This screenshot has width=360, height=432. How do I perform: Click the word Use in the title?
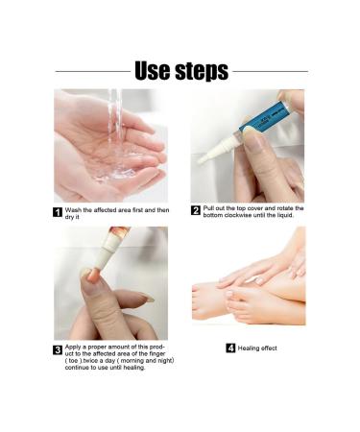pyautogui.click(x=154, y=70)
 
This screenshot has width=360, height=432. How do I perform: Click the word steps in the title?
pyautogui.click(x=201, y=72)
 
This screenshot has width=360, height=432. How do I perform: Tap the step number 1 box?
pyautogui.click(x=58, y=212)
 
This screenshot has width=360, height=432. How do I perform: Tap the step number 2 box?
pyautogui.click(x=196, y=210)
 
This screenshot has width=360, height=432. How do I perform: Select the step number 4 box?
pyautogui.click(x=230, y=348)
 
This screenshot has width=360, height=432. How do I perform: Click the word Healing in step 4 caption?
pyautogui.click(x=252, y=348)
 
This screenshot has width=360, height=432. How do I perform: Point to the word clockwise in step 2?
pyautogui.click(x=249, y=215)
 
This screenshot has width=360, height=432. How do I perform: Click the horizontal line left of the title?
pyautogui.click(x=92, y=71)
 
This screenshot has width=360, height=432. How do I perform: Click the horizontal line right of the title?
pyautogui.click(x=270, y=71)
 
